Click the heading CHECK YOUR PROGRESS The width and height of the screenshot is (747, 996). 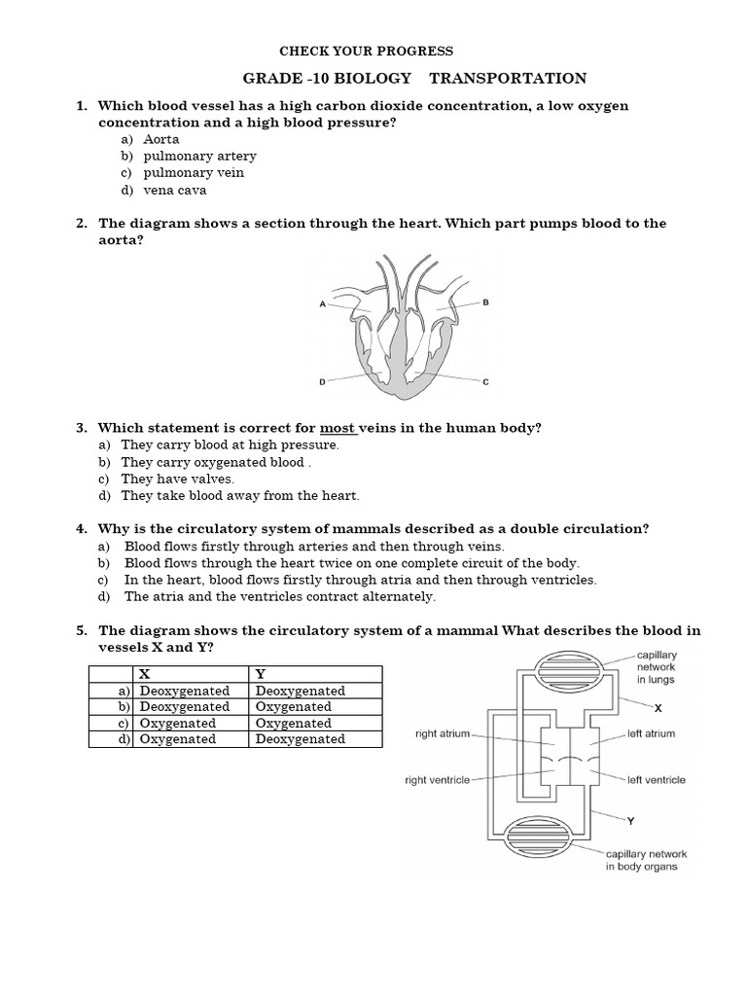[367, 51]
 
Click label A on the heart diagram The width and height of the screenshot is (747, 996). [322, 303]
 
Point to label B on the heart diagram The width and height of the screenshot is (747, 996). [485, 302]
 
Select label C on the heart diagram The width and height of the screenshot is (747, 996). [485, 382]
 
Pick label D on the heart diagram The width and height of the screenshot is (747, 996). [322, 382]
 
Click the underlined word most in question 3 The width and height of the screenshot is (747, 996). [338, 428]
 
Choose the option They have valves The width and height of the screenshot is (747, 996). [178, 480]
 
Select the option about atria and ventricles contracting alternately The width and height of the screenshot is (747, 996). [280, 596]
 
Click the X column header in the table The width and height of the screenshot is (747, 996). [145, 673]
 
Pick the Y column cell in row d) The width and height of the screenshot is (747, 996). [301, 739]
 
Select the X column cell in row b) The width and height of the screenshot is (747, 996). [185, 706]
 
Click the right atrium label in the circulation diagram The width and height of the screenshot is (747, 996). [443, 734]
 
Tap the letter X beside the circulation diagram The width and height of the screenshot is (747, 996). [658, 708]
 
